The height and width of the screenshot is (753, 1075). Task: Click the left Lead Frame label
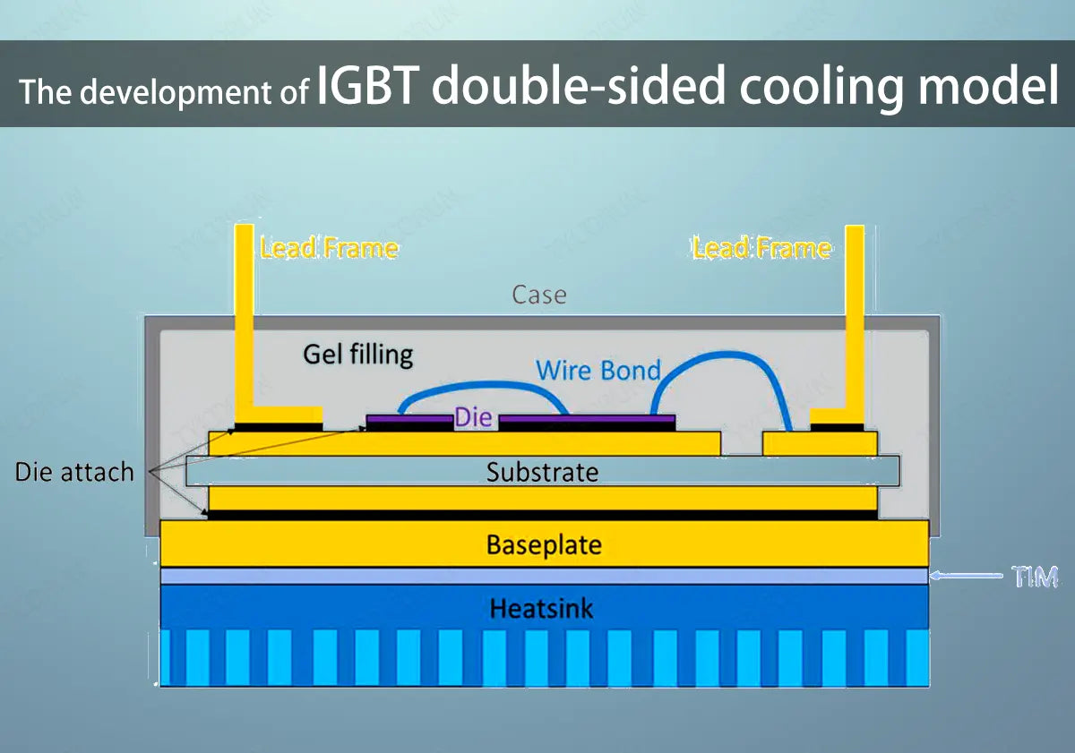click(x=329, y=248)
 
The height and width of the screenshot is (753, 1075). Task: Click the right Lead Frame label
click(x=761, y=248)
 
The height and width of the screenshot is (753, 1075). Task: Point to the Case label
click(x=539, y=294)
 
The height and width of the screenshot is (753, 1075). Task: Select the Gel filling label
click(x=358, y=354)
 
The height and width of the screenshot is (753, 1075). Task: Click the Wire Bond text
click(x=598, y=369)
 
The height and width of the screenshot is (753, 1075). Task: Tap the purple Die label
click(x=474, y=416)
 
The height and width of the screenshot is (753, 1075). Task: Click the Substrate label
click(x=542, y=471)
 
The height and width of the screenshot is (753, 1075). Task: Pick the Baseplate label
click(x=544, y=544)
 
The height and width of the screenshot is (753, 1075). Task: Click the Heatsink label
click(x=541, y=610)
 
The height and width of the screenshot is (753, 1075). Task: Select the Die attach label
click(x=74, y=472)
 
